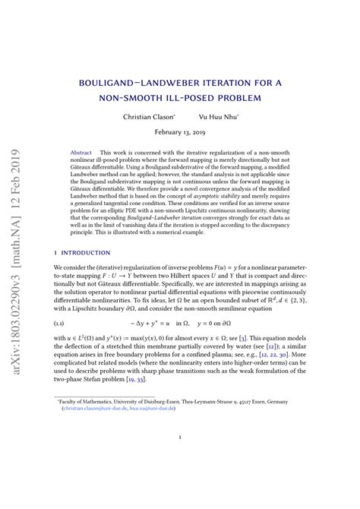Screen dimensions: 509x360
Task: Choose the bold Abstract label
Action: tap(81, 153)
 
